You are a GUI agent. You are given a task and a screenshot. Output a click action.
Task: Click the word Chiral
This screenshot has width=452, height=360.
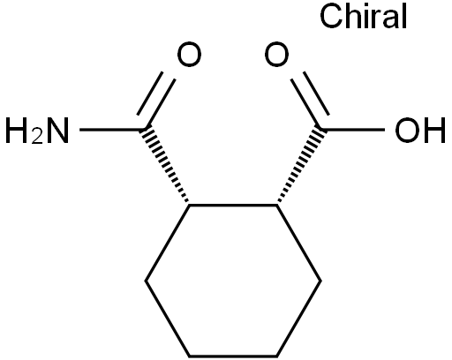click(363, 16)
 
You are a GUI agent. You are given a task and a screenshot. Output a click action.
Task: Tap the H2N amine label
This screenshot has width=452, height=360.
click(37, 131)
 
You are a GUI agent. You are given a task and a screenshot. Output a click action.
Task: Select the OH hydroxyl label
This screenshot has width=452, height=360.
click(419, 131)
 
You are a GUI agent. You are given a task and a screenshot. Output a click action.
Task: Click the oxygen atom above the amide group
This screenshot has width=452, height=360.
click(189, 55)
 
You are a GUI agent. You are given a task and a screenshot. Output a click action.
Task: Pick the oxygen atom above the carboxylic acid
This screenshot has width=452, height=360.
click(276, 55)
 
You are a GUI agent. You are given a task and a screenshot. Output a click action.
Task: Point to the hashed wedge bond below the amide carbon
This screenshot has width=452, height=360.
click(166, 165)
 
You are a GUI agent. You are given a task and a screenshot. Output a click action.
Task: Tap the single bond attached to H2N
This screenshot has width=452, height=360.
click(112, 130)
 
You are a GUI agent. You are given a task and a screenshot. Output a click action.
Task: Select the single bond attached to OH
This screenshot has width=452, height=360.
click(352, 130)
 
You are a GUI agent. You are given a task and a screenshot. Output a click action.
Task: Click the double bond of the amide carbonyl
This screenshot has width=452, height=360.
click(156, 99)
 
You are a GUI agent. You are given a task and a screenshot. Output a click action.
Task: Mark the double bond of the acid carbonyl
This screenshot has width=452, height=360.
click(310, 99)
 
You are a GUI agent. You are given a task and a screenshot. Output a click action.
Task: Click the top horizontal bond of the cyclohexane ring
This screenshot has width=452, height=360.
click(233, 205)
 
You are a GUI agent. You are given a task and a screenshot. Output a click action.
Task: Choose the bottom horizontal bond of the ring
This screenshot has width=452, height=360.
click(233, 356)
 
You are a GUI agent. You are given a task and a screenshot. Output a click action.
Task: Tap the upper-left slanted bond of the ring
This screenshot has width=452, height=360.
click(167, 243)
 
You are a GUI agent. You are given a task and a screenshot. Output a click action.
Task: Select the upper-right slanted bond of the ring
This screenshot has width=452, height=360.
click(298, 243)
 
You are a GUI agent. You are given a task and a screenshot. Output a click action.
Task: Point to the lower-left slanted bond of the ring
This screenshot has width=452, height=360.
click(167, 319)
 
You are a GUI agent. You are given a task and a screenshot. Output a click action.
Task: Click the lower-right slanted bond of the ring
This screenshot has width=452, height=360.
click(298, 319)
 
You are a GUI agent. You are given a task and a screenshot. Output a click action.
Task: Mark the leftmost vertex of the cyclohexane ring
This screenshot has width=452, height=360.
click(146, 281)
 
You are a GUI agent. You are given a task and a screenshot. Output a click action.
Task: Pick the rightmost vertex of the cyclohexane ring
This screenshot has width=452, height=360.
click(320, 281)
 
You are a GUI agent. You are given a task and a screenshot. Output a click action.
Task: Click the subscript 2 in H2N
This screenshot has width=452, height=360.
click(37, 136)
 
